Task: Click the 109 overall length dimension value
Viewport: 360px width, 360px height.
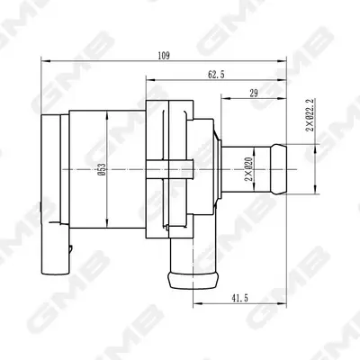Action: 164,56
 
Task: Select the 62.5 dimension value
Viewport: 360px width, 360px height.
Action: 216,75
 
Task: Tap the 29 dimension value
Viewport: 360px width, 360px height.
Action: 254,94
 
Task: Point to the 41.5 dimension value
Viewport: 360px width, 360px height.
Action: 239,298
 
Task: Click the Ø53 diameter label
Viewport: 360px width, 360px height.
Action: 103,169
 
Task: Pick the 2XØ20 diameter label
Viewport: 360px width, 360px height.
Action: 248,169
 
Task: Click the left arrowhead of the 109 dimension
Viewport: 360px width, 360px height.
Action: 45,61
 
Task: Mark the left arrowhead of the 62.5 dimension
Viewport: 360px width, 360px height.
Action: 150,80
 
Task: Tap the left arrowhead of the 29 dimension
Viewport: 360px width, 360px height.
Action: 225,98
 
